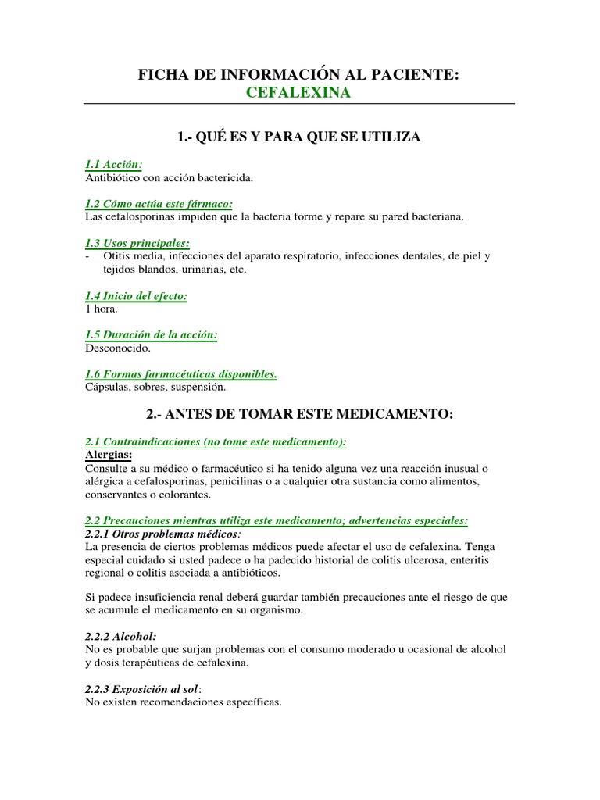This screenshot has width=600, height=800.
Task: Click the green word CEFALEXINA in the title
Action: click(x=298, y=93)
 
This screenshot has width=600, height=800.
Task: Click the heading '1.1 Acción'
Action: click(x=113, y=164)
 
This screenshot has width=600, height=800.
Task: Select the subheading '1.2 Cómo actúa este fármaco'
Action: click(x=158, y=204)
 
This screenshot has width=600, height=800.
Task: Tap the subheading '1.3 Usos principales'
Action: click(x=137, y=243)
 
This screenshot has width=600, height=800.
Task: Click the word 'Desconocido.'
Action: click(x=117, y=348)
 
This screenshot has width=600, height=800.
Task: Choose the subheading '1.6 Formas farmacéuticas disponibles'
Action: click(x=180, y=374)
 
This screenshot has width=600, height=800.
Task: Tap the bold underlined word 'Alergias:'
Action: click(x=108, y=455)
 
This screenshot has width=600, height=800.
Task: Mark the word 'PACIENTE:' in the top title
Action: click(x=418, y=75)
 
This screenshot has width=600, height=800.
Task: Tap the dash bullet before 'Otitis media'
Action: click(x=87, y=256)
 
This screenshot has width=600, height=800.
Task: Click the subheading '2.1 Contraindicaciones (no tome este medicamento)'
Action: click(x=215, y=441)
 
